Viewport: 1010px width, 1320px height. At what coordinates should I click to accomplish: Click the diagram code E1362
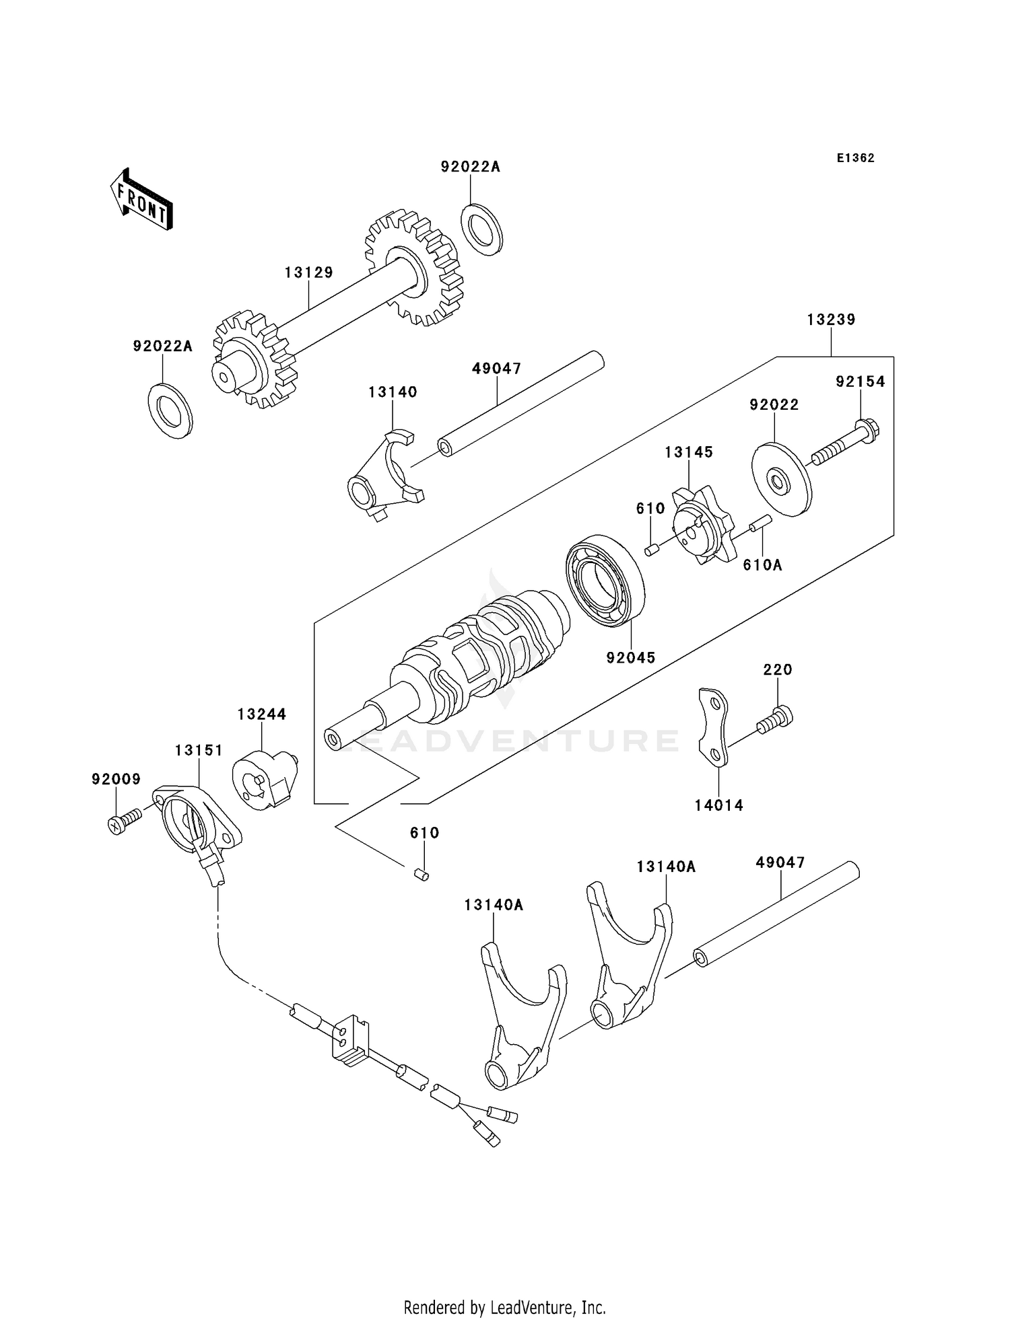[x=855, y=158]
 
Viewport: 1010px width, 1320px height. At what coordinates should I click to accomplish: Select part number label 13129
[x=308, y=272]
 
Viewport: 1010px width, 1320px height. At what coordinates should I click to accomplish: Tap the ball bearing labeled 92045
[x=605, y=581]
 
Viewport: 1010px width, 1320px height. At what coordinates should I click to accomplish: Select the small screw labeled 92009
[x=125, y=822]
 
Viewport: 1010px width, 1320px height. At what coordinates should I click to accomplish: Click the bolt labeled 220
[x=775, y=719]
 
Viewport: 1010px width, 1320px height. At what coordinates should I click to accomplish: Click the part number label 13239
[x=831, y=320]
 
